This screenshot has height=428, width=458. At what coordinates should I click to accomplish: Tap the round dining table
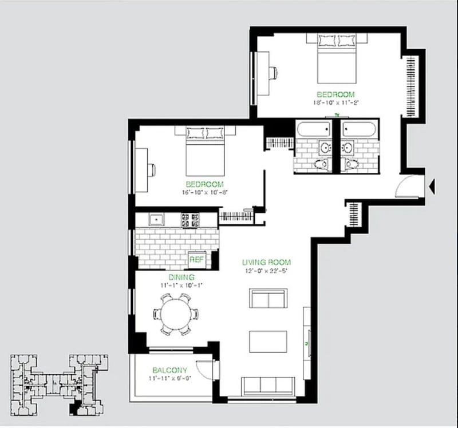pos(176,314)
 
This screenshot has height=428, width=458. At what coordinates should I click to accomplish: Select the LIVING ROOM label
pos(267,263)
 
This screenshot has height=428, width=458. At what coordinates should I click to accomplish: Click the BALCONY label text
pos(170,370)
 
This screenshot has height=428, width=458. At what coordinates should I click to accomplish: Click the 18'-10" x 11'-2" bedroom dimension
pos(335,102)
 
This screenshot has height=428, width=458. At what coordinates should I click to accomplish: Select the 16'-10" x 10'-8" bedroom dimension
pos(204,192)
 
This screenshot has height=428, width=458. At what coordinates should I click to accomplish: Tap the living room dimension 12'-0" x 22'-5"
pos(267,271)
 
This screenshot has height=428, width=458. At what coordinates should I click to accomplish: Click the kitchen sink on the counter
pos(154,218)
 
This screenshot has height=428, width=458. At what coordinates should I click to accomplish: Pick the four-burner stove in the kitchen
pos(190,218)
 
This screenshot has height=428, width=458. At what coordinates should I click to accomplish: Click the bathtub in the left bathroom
pos(315,129)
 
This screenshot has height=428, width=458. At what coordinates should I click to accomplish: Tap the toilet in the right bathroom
pos(350,164)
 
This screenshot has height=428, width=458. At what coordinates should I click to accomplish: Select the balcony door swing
pos(204,370)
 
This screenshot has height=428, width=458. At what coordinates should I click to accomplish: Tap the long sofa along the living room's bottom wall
pos(266,386)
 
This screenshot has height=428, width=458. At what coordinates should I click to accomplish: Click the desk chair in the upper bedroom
pos(274,73)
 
